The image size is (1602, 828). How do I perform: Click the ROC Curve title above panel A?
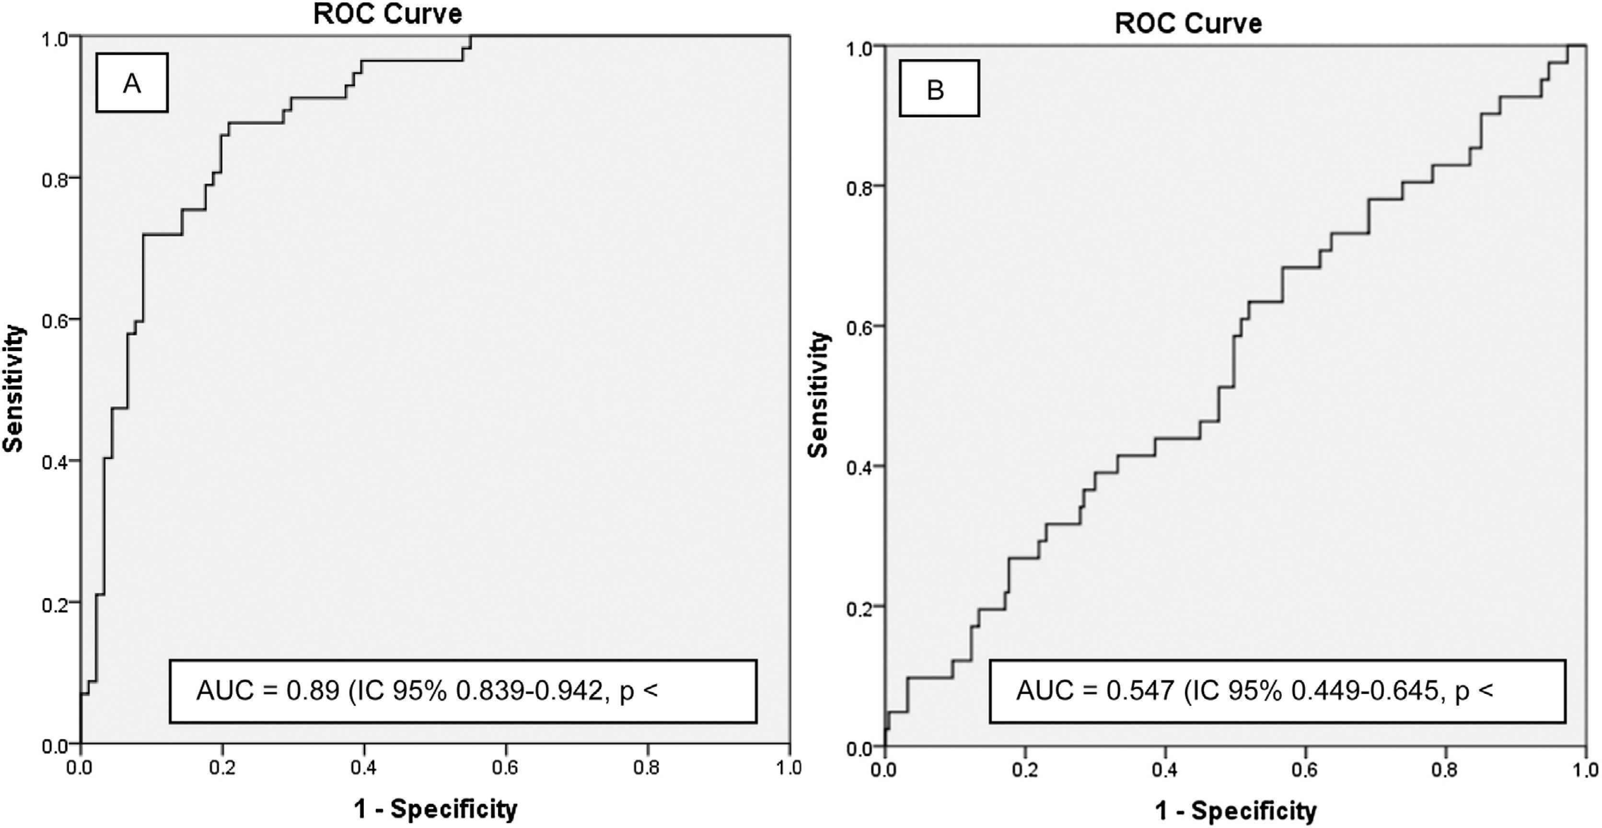387,14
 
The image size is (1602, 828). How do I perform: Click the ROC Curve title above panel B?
1188,23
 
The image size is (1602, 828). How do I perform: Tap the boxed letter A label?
132,83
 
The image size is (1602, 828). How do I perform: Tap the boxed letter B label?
939,88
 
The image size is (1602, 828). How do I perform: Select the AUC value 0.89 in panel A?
313,690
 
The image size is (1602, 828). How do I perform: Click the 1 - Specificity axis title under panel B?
1236,811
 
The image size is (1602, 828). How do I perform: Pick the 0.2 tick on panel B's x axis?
1025,771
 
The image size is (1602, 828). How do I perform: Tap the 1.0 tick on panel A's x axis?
789,768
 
